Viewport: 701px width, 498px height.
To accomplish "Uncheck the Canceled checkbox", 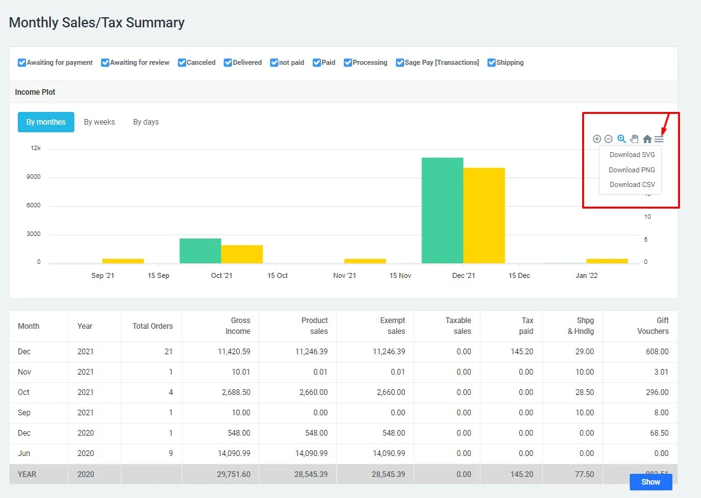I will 182,63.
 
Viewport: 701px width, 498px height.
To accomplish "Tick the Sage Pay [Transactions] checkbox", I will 400,63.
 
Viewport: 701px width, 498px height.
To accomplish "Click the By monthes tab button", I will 46,122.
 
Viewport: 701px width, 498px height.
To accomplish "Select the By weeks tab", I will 99,122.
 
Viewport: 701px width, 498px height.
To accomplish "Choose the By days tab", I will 146,122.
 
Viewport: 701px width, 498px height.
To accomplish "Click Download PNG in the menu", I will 631,170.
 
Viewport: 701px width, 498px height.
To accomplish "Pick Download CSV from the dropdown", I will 632,184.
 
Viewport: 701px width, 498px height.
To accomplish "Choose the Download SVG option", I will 632,155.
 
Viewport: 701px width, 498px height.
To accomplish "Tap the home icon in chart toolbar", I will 647,139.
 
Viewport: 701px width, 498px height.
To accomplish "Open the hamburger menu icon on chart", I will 659,139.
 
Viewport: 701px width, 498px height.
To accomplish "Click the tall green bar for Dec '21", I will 442,210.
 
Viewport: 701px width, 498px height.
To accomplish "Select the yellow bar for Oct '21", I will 242,254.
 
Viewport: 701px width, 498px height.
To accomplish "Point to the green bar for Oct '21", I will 200,251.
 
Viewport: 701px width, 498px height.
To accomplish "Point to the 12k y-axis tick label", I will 36,148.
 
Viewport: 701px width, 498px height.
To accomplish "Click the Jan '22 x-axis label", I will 586,275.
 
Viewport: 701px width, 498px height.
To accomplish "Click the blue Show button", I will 650,482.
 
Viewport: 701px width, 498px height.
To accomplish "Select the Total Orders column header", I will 153,326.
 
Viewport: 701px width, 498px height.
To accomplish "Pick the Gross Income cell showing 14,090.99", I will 232,453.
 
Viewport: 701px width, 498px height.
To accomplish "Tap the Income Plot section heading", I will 35,92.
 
